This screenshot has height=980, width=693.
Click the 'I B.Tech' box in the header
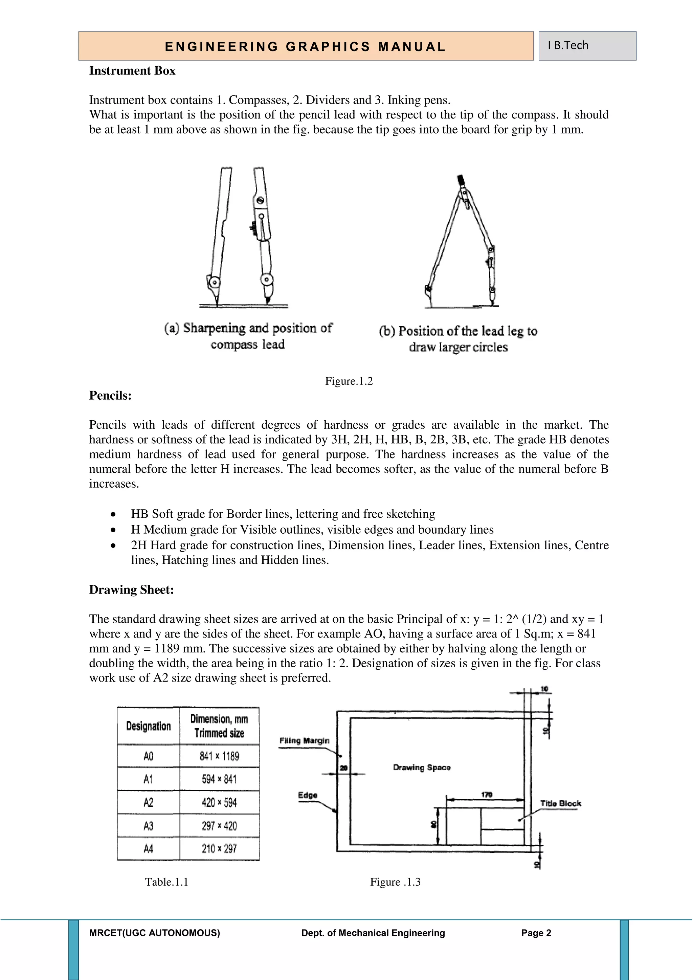pyautogui.click(x=587, y=46)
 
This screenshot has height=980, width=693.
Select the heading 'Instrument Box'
pyautogui.click(x=132, y=71)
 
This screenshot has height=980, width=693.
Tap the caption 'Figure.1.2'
pyautogui.click(x=349, y=381)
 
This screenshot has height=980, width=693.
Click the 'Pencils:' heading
pyautogui.click(x=110, y=396)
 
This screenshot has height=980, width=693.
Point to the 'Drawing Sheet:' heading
pyautogui.click(x=131, y=590)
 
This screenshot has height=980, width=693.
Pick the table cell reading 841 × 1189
pyautogui.click(x=219, y=756)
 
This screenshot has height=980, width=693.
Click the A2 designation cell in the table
pyautogui.click(x=148, y=802)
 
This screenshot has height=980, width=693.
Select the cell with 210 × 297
pyautogui.click(x=219, y=849)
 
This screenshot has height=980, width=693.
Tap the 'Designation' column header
pyautogui.click(x=148, y=726)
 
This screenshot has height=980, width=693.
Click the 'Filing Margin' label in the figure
pyautogui.click(x=304, y=740)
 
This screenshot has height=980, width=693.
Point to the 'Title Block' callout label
pyautogui.click(x=560, y=803)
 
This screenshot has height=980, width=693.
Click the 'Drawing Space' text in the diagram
pyautogui.click(x=422, y=767)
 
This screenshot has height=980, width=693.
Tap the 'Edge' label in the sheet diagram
pyautogui.click(x=307, y=795)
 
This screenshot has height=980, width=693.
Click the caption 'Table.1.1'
pyautogui.click(x=166, y=882)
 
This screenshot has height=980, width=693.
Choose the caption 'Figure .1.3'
pyautogui.click(x=395, y=882)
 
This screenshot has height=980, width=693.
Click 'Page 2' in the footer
pyautogui.click(x=536, y=933)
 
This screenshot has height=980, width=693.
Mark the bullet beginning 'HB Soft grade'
pyautogui.click(x=283, y=514)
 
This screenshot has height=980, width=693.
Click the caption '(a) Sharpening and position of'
pyautogui.click(x=248, y=328)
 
